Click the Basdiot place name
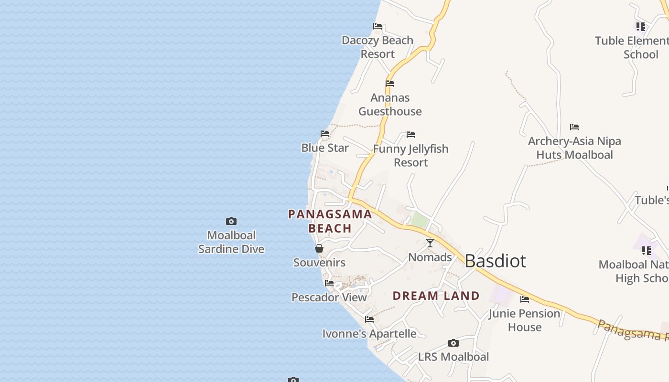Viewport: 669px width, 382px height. [495, 261]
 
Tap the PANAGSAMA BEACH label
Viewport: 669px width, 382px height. [330, 221]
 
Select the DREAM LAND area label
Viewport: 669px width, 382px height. [436, 296]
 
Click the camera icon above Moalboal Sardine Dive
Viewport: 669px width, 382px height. [231, 221]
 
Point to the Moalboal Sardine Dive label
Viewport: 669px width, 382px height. [231, 242]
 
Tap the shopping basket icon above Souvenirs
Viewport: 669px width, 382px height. [319, 248]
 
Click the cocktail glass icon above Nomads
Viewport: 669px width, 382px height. [430, 243]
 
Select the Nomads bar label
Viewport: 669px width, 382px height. [430, 257]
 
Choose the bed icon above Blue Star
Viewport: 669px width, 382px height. [325, 134]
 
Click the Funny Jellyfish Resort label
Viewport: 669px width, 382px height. [411, 155]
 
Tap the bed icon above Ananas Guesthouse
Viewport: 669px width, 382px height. [390, 84]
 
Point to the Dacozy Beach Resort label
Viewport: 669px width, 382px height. [378, 47]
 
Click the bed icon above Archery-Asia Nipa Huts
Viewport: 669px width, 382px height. [574, 127]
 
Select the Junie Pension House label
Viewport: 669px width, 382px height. [524, 320]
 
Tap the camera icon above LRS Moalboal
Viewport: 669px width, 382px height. [453, 343]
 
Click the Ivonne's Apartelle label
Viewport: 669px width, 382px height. [369, 333]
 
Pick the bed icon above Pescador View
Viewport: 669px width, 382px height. [329, 283]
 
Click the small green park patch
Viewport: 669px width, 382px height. [419, 221]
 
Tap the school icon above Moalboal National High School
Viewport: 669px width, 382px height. [647, 250]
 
